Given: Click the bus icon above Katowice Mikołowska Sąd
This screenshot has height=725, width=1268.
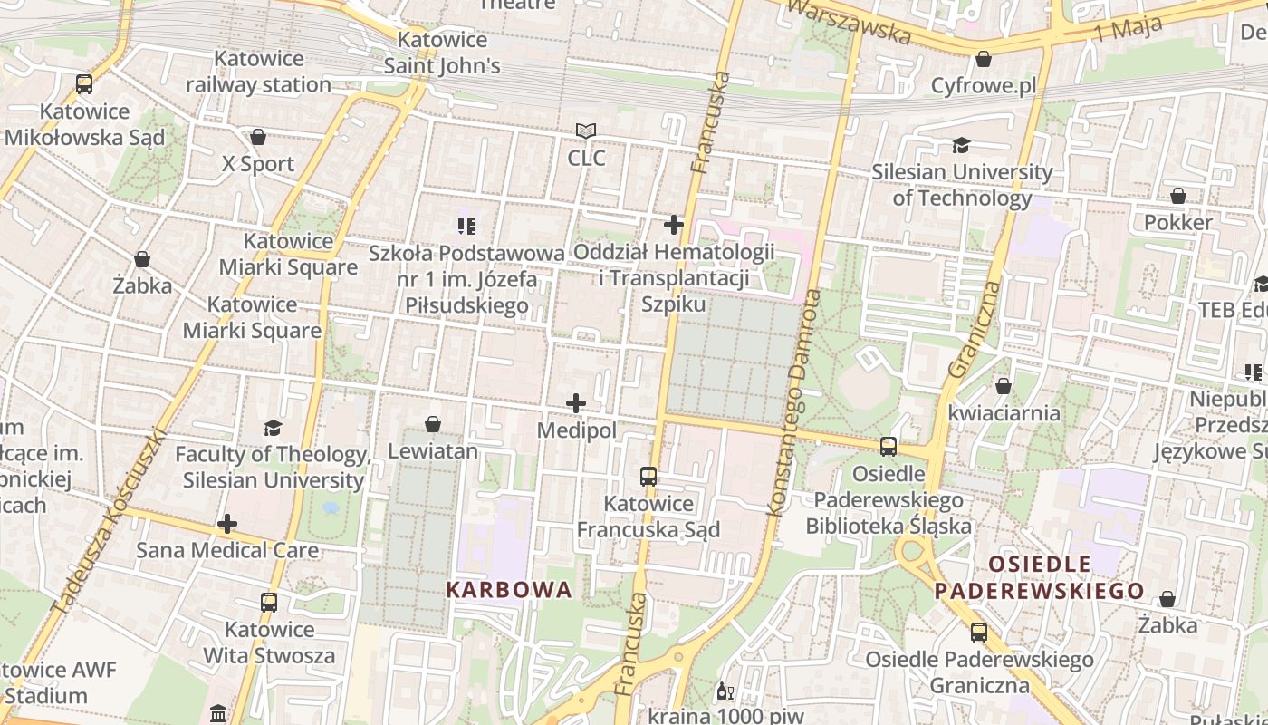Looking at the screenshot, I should pos(84,84).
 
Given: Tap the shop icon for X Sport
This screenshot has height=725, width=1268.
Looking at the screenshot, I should pos(258,137).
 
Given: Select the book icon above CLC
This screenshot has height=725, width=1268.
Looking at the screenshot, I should pos(586,131).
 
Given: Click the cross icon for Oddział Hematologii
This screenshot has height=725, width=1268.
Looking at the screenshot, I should pos(674,224).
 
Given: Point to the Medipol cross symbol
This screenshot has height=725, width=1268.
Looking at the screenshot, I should pos(576,403).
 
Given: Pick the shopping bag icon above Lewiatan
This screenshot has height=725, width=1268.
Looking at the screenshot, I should pos(433,424).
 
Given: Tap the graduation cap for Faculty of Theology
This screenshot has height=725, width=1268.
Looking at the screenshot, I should pos(273,428).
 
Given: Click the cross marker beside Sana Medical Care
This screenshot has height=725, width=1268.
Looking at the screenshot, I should pos(227,524).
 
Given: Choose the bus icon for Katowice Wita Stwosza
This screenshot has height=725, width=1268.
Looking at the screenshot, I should pos(269,603).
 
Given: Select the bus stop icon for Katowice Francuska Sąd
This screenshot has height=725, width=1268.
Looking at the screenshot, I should pos(648,477).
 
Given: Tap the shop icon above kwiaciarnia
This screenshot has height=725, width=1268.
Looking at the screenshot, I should pos(1003,386).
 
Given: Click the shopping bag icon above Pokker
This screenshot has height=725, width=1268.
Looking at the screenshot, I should pos(1178,196).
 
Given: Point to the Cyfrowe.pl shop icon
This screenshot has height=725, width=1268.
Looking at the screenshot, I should pos(984,59).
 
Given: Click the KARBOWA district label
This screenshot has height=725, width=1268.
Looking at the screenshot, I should pos(509,590).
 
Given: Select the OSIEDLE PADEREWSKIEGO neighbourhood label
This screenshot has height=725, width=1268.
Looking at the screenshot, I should pos(1040,578).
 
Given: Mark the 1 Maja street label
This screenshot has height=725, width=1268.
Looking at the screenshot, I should pos(1128,30).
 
